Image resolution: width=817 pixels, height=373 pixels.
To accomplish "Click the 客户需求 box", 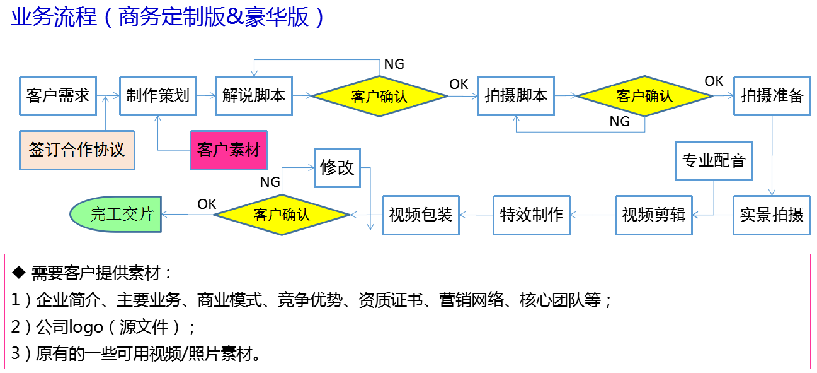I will point(58,96).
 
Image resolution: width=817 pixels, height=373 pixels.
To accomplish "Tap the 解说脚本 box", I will point(254,96).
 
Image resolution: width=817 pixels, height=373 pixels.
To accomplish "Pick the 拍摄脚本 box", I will point(516,96).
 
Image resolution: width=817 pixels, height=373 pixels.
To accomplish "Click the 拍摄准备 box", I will point(772,96).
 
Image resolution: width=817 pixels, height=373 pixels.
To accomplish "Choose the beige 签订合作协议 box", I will point(77,150).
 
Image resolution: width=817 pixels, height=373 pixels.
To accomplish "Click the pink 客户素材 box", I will point(229,150).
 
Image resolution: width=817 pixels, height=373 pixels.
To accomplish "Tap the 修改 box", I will point(338,168).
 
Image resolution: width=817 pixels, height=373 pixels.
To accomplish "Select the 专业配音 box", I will point(714,160).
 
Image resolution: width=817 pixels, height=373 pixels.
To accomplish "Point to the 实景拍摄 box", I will point(772,215).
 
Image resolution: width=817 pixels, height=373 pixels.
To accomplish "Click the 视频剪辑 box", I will point(653,215).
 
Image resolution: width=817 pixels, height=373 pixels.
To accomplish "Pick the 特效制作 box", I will point(531,215).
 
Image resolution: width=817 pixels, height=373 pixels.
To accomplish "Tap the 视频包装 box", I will point(421,215).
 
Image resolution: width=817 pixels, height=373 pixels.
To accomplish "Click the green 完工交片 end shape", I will point(115,215).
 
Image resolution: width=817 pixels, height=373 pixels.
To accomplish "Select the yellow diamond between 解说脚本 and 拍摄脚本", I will point(379,96).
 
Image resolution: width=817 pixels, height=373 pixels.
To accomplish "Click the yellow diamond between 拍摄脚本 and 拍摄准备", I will point(644,96).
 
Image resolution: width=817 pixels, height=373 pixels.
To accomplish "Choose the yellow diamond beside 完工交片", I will point(282,215).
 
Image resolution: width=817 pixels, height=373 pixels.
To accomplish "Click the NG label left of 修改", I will point(270,182).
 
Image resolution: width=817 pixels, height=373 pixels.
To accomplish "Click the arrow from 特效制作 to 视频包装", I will point(476,215).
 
